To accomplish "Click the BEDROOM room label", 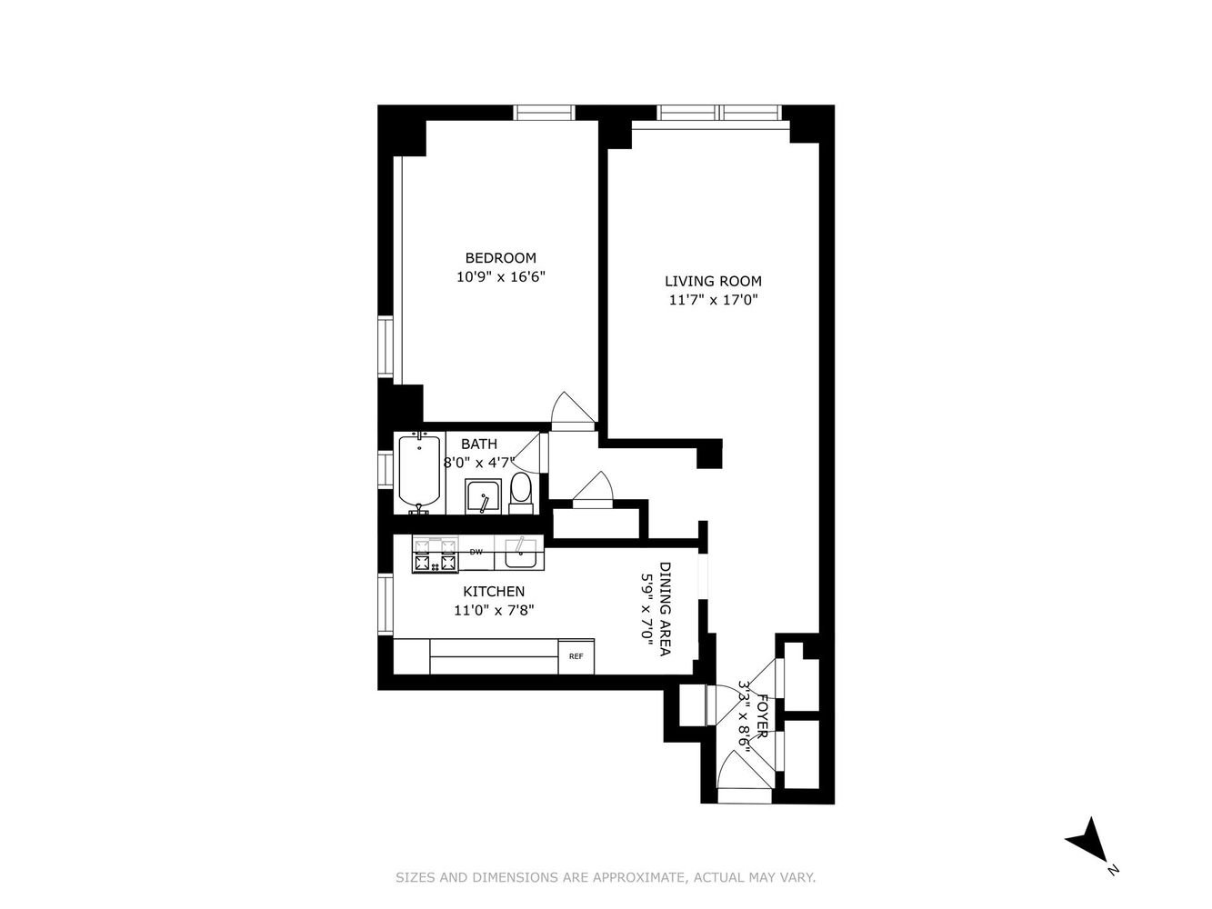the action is tap(500, 258).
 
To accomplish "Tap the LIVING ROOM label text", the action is tap(713, 281).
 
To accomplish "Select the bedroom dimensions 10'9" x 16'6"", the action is tap(500, 276).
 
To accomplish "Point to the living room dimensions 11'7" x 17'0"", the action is tap(713, 300).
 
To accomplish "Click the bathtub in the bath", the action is tap(420, 473).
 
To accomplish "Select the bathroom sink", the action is tap(483, 495).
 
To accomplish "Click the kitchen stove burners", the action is tap(436, 554).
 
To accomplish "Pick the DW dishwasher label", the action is tap(476, 552).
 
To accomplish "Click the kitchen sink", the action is tap(519, 553).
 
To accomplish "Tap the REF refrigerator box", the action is tap(576, 656).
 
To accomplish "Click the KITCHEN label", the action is tap(493, 592).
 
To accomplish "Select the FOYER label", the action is tap(762, 717).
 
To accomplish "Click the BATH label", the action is tap(479, 444).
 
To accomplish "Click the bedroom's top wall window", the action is tap(544, 113).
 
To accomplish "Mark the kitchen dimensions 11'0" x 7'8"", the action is tap(494, 611).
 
